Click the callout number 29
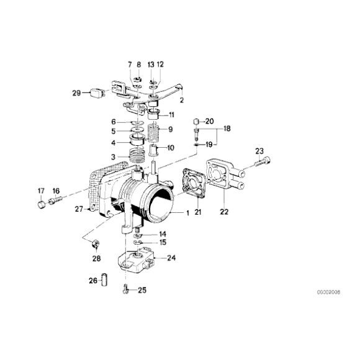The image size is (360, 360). click(76, 94)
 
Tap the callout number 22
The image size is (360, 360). click(225, 212)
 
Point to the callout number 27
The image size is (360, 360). click(79, 209)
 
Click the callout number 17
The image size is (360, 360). click(42, 190)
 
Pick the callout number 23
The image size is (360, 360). click(259, 151)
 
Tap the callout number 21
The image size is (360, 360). click(199, 212)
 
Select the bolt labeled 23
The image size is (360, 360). click(261, 164)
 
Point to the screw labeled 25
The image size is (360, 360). click(125, 288)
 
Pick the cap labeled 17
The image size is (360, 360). click(42, 202)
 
